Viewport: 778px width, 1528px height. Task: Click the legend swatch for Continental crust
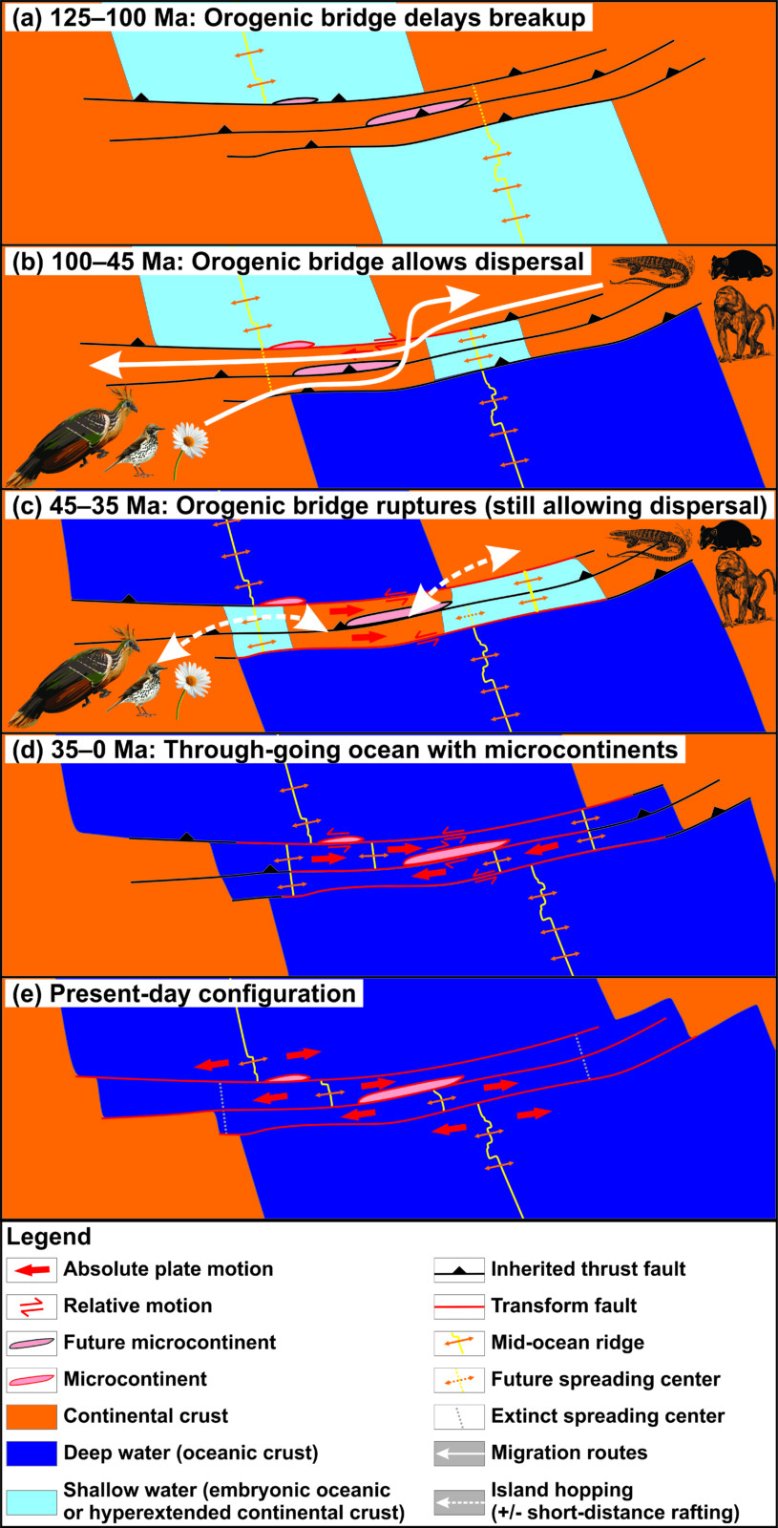[32, 1416]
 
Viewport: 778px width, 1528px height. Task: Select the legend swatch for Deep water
[32, 1453]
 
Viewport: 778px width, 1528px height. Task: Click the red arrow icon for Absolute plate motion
[32, 1269]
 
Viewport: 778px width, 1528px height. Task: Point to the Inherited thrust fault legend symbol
[459, 1270]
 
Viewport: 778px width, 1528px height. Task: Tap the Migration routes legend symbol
[459, 1453]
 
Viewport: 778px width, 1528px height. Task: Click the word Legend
[49, 1237]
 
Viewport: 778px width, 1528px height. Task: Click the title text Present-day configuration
[202, 993]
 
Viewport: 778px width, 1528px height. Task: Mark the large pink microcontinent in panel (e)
[411, 1090]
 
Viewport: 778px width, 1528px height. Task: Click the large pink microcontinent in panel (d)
[457, 853]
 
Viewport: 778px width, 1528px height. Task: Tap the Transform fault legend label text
[564, 1305]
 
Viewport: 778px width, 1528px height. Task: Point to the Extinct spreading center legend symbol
[459, 1416]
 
